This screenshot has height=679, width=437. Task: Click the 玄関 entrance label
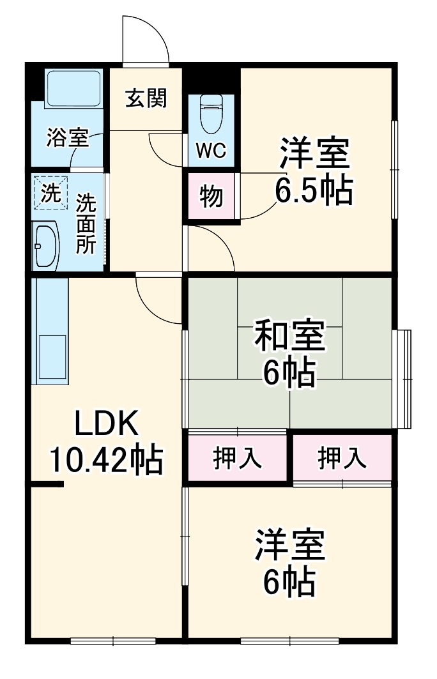coord(146,99)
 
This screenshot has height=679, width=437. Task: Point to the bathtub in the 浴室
coord(73,89)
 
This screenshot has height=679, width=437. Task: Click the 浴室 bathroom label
coord(66,139)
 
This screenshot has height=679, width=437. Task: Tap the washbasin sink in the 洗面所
coord(47,245)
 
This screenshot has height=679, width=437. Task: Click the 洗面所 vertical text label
coord(86,225)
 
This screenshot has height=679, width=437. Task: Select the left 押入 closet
coord(237,458)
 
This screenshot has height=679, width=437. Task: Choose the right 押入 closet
coord(342,458)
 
